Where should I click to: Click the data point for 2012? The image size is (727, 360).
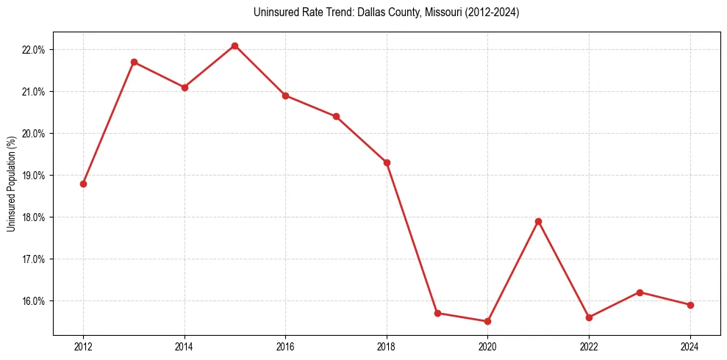[x=83, y=184]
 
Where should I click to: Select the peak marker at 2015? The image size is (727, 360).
[x=234, y=46]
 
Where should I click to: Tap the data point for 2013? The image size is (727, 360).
[x=134, y=62]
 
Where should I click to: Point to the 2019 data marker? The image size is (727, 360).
[x=437, y=313]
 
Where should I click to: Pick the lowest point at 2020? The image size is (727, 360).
[x=487, y=321]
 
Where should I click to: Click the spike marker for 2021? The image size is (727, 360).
[x=538, y=221]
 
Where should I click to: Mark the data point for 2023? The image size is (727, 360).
[x=640, y=292]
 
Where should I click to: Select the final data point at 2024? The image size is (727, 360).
[x=690, y=305]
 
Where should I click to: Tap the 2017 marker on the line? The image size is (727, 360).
[x=336, y=116]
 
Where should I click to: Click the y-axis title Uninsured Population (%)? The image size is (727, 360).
[x=12, y=183]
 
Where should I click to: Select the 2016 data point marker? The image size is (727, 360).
[x=285, y=96]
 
